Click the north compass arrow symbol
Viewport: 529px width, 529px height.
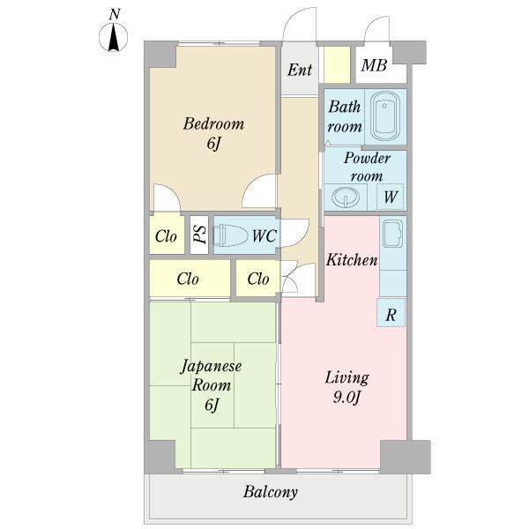[114, 38]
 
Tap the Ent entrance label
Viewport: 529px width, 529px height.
[300, 70]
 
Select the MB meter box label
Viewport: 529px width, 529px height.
[374, 64]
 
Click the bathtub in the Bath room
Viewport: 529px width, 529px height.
[385, 116]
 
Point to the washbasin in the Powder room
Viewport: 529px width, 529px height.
[345, 197]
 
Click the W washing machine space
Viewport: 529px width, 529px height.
[391, 197]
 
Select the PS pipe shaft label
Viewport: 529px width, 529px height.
[200, 235]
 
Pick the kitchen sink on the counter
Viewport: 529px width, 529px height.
[393, 234]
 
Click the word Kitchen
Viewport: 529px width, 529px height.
[352, 260]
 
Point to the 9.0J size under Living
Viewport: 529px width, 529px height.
[347, 398]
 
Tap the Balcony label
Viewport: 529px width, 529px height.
[271, 492]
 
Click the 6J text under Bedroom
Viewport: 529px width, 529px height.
[213, 144]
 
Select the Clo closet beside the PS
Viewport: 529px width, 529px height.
[167, 235]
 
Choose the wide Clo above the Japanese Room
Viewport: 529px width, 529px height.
[190, 279]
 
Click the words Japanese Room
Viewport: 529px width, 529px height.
[212, 376]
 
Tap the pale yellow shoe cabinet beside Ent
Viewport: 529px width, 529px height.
[337, 64]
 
